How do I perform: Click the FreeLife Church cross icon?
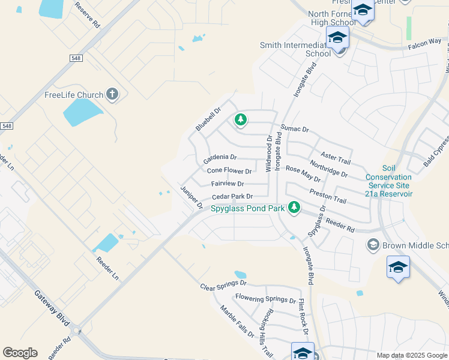click(x=112, y=94)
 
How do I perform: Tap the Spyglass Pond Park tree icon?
click(x=294, y=207)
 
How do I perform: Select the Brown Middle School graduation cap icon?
click(x=373, y=244)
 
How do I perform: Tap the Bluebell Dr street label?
click(x=208, y=119)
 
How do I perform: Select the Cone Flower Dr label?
click(x=229, y=171)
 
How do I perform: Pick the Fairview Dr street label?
click(x=228, y=184)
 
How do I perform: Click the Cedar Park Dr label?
click(x=232, y=196)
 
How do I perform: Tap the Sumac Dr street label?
click(x=294, y=129)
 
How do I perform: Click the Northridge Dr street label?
click(x=328, y=169)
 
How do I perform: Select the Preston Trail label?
click(x=328, y=196)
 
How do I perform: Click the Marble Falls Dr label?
click(x=237, y=321)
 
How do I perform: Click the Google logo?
click(x=20, y=352)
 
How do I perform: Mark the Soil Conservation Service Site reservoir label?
click(x=389, y=181)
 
